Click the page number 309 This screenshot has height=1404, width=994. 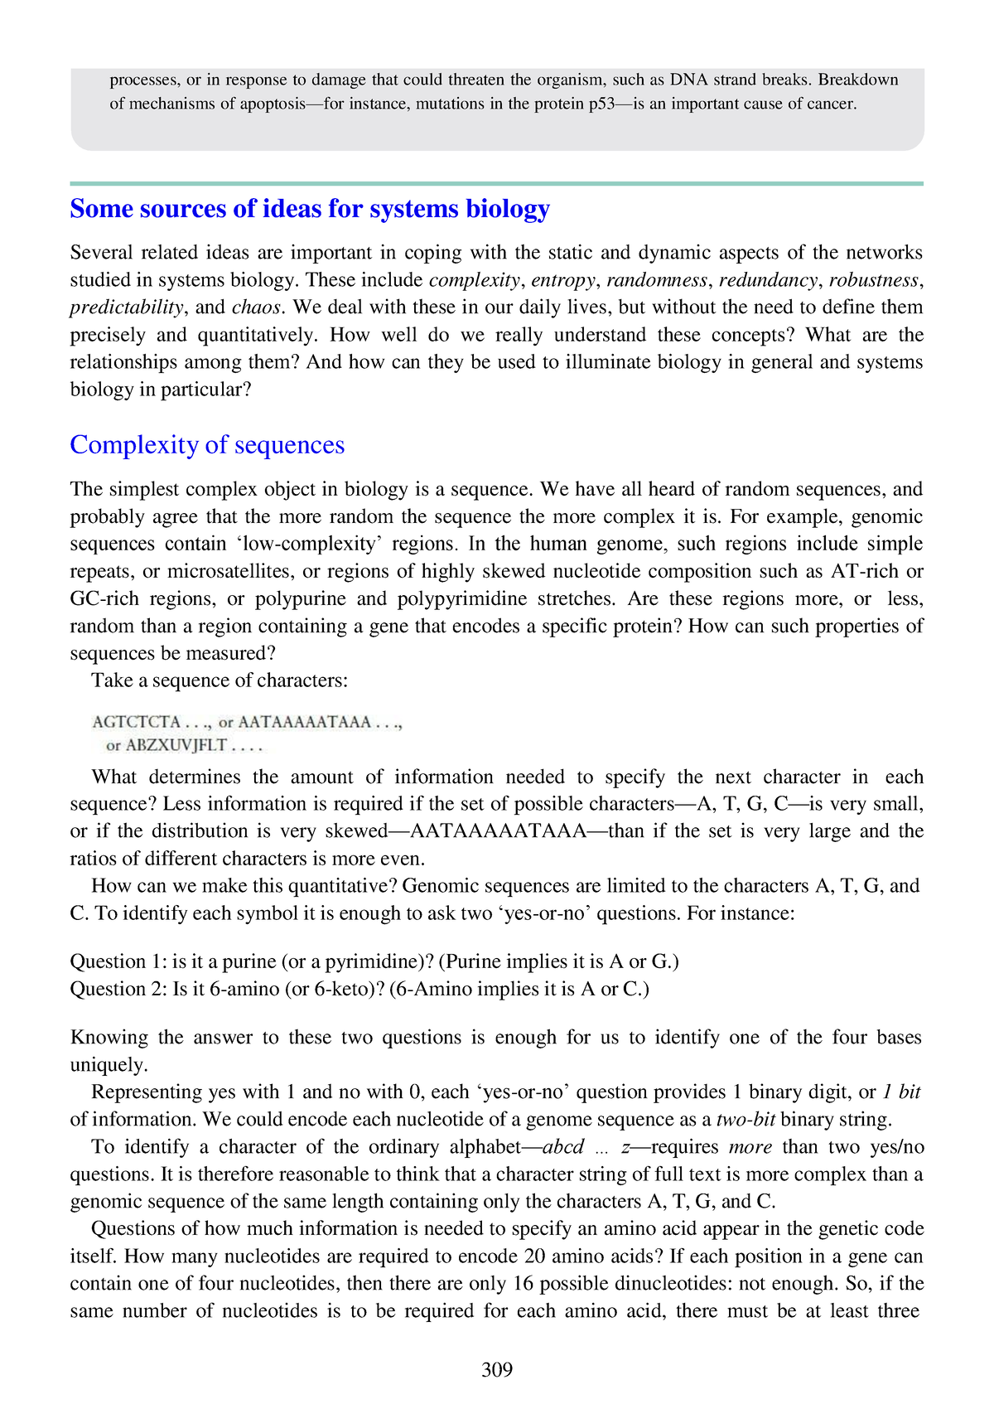click(497, 1369)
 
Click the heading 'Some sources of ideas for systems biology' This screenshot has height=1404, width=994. click(310, 208)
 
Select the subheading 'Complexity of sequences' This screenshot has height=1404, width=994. click(207, 445)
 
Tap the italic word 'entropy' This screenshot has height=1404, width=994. click(563, 280)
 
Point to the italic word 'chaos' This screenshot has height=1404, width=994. click(257, 307)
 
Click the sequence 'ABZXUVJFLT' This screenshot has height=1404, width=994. click(176, 746)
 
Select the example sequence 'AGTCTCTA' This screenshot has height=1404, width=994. click(137, 722)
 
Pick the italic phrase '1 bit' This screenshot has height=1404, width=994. click(901, 1092)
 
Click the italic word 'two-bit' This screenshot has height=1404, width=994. click(745, 1120)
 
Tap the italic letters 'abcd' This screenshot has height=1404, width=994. click(562, 1147)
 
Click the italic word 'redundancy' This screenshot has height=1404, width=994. click(768, 280)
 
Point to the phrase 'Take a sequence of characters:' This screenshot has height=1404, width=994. click(220, 680)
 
